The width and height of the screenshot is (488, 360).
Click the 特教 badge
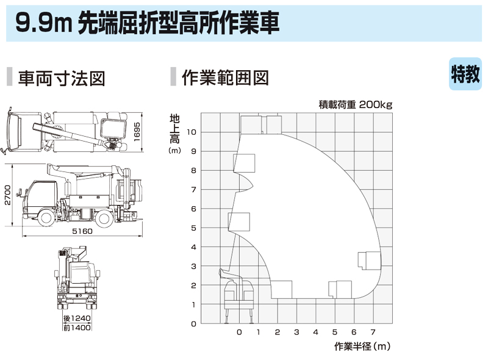[465, 74]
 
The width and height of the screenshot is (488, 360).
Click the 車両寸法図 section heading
[62, 78]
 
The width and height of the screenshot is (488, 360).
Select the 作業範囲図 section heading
[225, 77]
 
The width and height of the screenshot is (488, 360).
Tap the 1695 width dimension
[137, 132]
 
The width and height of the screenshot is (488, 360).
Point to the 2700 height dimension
[7, 195]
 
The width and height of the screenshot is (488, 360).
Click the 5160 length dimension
[82, 231]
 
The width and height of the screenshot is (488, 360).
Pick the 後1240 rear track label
[77, 319]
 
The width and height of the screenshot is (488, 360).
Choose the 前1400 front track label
[77, 327]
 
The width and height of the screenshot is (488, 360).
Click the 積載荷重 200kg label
[356, 104]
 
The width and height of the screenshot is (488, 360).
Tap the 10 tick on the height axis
[192, 132]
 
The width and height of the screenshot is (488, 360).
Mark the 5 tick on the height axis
[193, 228]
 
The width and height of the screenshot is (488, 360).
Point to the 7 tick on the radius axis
[373, 332]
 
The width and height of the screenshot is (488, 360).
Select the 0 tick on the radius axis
[239, 332]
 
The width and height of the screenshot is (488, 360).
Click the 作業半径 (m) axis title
[362, 346]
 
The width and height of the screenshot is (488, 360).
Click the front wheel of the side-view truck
[47, 217]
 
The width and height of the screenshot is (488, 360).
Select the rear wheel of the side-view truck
[104, 217]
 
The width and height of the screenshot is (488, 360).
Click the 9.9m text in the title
[43, 23]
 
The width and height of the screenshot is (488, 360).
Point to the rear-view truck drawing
[77, 278]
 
